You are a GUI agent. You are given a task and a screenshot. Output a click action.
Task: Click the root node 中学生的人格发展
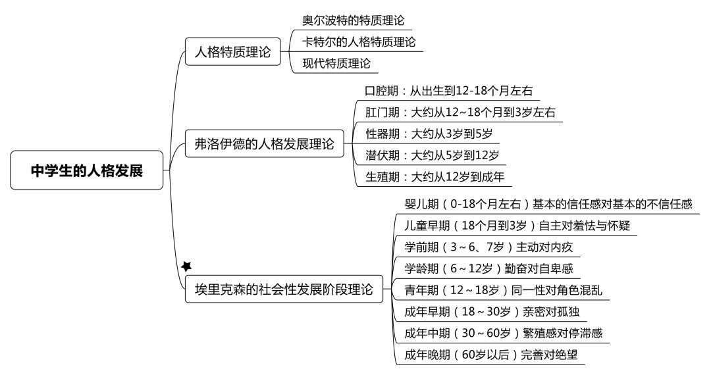87,170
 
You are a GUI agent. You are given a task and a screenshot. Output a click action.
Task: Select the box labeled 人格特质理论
232,51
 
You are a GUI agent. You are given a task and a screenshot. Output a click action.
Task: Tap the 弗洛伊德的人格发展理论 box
265,143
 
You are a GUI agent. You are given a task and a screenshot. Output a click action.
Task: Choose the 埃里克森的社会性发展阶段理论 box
284,289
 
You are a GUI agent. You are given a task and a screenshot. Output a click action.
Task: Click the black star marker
186,266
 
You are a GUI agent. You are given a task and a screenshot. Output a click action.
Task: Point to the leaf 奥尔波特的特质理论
354,20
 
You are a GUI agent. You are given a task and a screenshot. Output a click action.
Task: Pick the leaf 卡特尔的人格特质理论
359,41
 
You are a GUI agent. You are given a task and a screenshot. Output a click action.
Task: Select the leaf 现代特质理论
336,63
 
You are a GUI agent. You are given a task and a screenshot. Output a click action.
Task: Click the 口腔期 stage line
449,91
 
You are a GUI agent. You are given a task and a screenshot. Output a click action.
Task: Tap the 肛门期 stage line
460,112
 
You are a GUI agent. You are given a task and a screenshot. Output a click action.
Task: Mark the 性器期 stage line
429,134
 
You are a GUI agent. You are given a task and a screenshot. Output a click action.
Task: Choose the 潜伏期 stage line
432,155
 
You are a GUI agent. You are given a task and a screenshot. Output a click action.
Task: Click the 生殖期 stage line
435,176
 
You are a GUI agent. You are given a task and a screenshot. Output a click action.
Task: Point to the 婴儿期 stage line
548,204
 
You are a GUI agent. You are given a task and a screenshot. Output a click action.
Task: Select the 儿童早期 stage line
517,225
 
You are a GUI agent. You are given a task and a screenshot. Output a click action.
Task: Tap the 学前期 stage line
488,247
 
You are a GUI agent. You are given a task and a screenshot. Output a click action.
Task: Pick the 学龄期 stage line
488,268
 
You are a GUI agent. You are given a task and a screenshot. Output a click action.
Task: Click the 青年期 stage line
504,290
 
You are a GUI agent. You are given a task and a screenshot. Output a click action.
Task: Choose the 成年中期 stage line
504,333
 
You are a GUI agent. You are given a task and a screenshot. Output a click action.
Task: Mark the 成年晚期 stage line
491,354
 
